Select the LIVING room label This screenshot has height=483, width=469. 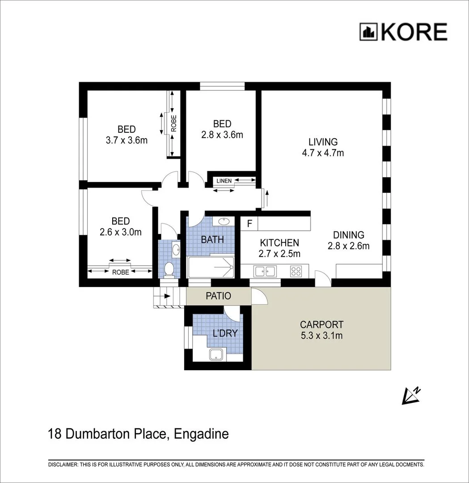point(323,142)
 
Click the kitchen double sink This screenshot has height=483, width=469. point(264,271)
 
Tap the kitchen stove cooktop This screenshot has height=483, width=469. point(296,271)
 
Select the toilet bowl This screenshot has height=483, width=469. point(169,269)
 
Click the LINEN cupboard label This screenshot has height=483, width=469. point(224,181)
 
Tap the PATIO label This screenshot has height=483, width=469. point(218,296)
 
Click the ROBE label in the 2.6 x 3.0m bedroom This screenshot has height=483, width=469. point(120,271)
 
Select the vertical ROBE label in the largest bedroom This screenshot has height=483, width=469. point(173,123)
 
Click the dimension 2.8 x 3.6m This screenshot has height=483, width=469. point(222,135)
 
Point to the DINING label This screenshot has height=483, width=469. point(349,235)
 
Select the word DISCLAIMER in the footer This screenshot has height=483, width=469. point(63,465)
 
